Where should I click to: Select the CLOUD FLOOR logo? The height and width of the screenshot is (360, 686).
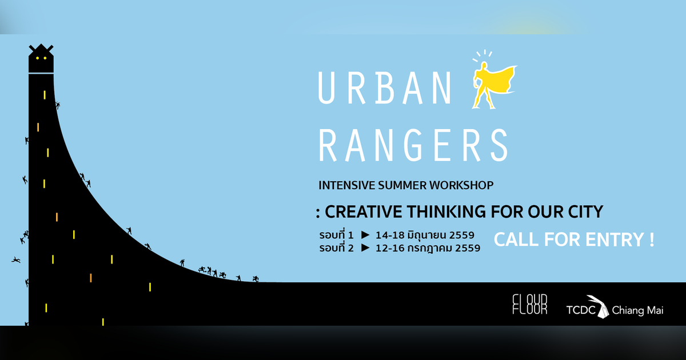[x=529, y=304]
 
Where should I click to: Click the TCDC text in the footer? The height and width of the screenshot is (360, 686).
[x=581, y=310]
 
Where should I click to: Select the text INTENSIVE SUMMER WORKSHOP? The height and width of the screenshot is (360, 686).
[x=405, y=185]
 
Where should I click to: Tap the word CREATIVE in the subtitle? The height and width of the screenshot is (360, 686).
[x=361, y=212]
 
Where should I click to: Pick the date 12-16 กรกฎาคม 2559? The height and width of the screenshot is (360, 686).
[x=428, y=249]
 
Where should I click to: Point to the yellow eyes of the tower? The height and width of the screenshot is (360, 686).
[x=41, y=58]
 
